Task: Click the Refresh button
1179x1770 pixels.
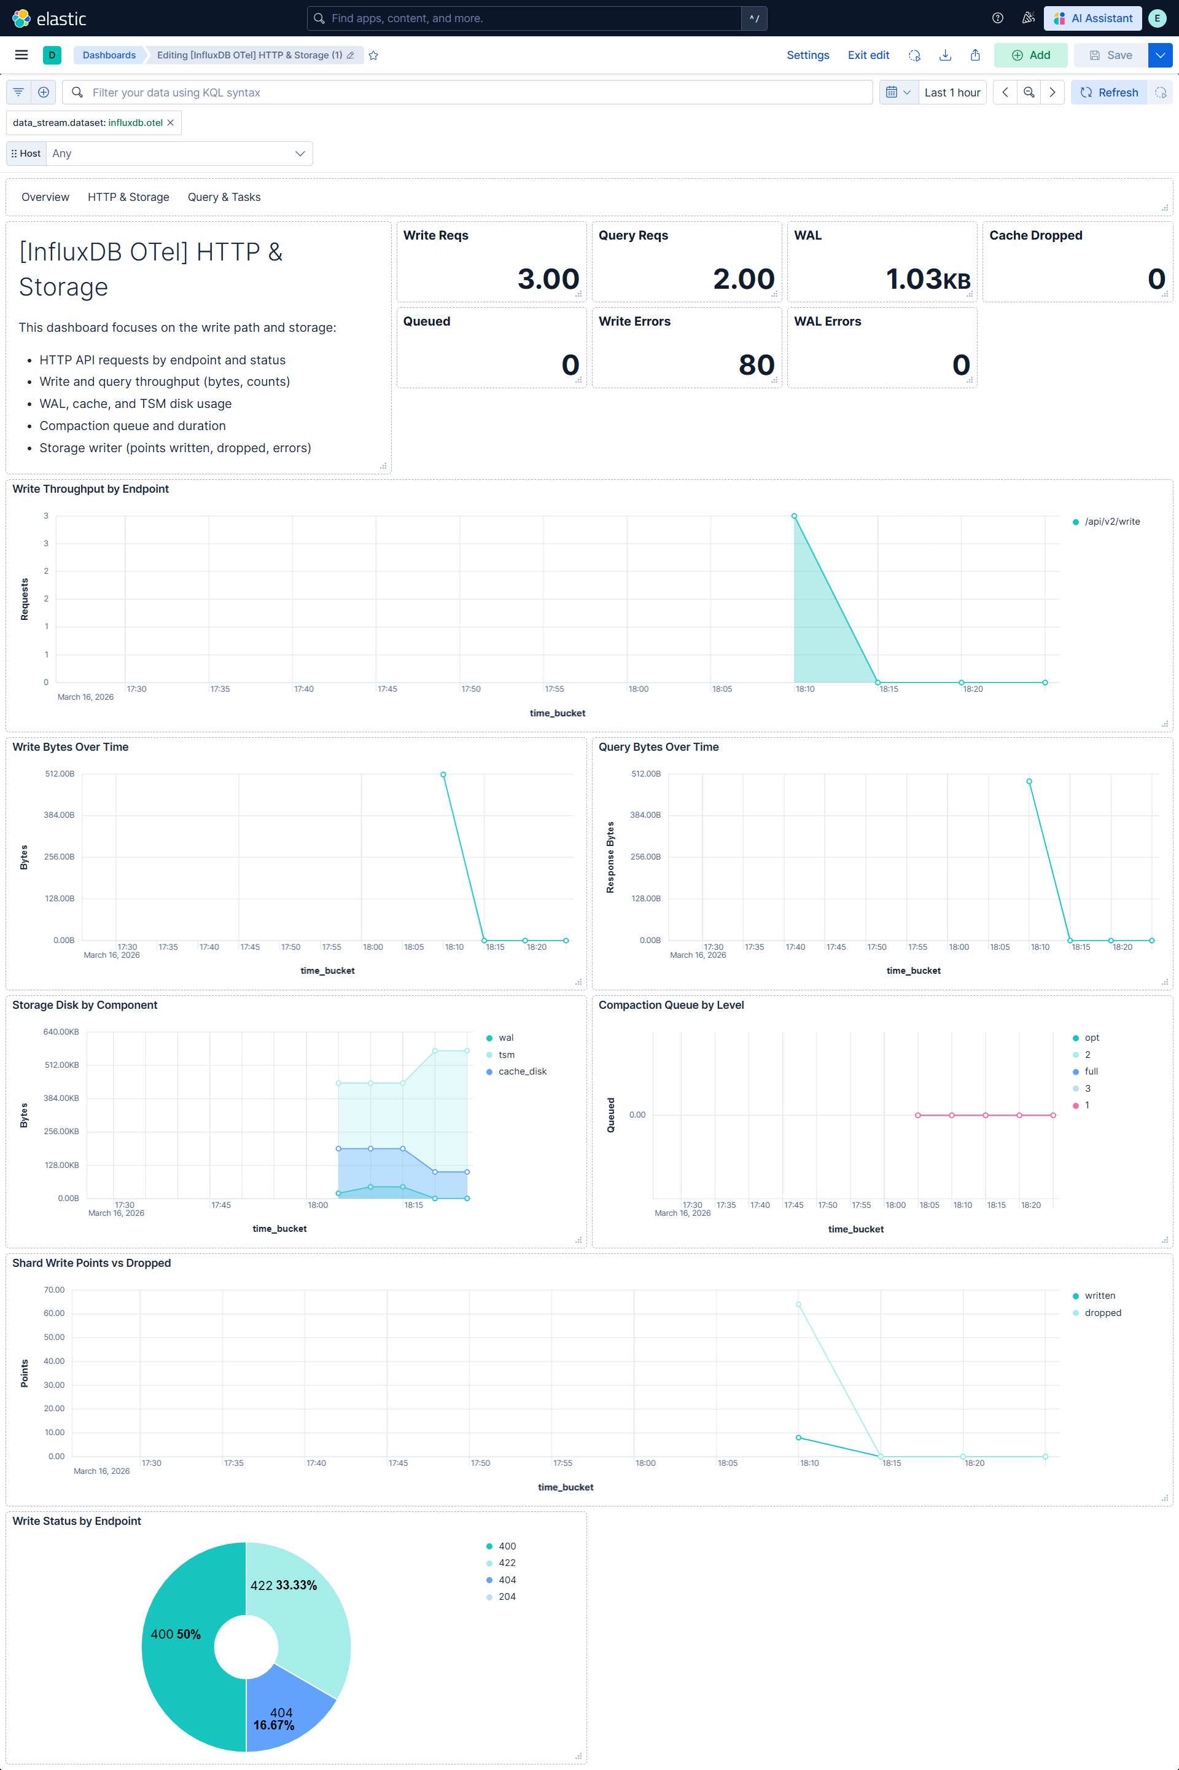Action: click(x=1109, y=93)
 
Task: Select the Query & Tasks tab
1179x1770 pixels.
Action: click(x=224, y=197)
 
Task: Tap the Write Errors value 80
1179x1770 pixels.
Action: click(x=756, y=365)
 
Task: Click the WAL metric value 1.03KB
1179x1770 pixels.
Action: click(x=927, y=279)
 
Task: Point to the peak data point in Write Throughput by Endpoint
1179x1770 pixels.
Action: click(x=794, y=516)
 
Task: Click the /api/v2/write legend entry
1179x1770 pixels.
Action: click(x=1111, y=522)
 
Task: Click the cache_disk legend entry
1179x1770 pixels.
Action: click(x=522, y=1071)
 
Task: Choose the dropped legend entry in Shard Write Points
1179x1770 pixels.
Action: click(x=1102, y=1313)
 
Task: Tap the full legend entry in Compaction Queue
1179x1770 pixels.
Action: click(x=1091, y=1071)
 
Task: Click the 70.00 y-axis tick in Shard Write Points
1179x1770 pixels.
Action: click(x=54, y=1290)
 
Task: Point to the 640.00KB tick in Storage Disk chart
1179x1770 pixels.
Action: click(x=61, y=1032)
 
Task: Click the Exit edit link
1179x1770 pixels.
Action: click(x=868, y=55)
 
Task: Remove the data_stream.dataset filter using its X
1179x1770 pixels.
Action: click(x=171, y=123)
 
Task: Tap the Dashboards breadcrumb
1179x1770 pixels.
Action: click(x=109, y=55)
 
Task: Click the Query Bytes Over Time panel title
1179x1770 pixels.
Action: click(x=658, y=747)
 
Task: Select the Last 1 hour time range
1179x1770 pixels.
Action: click(x=952, y=93)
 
